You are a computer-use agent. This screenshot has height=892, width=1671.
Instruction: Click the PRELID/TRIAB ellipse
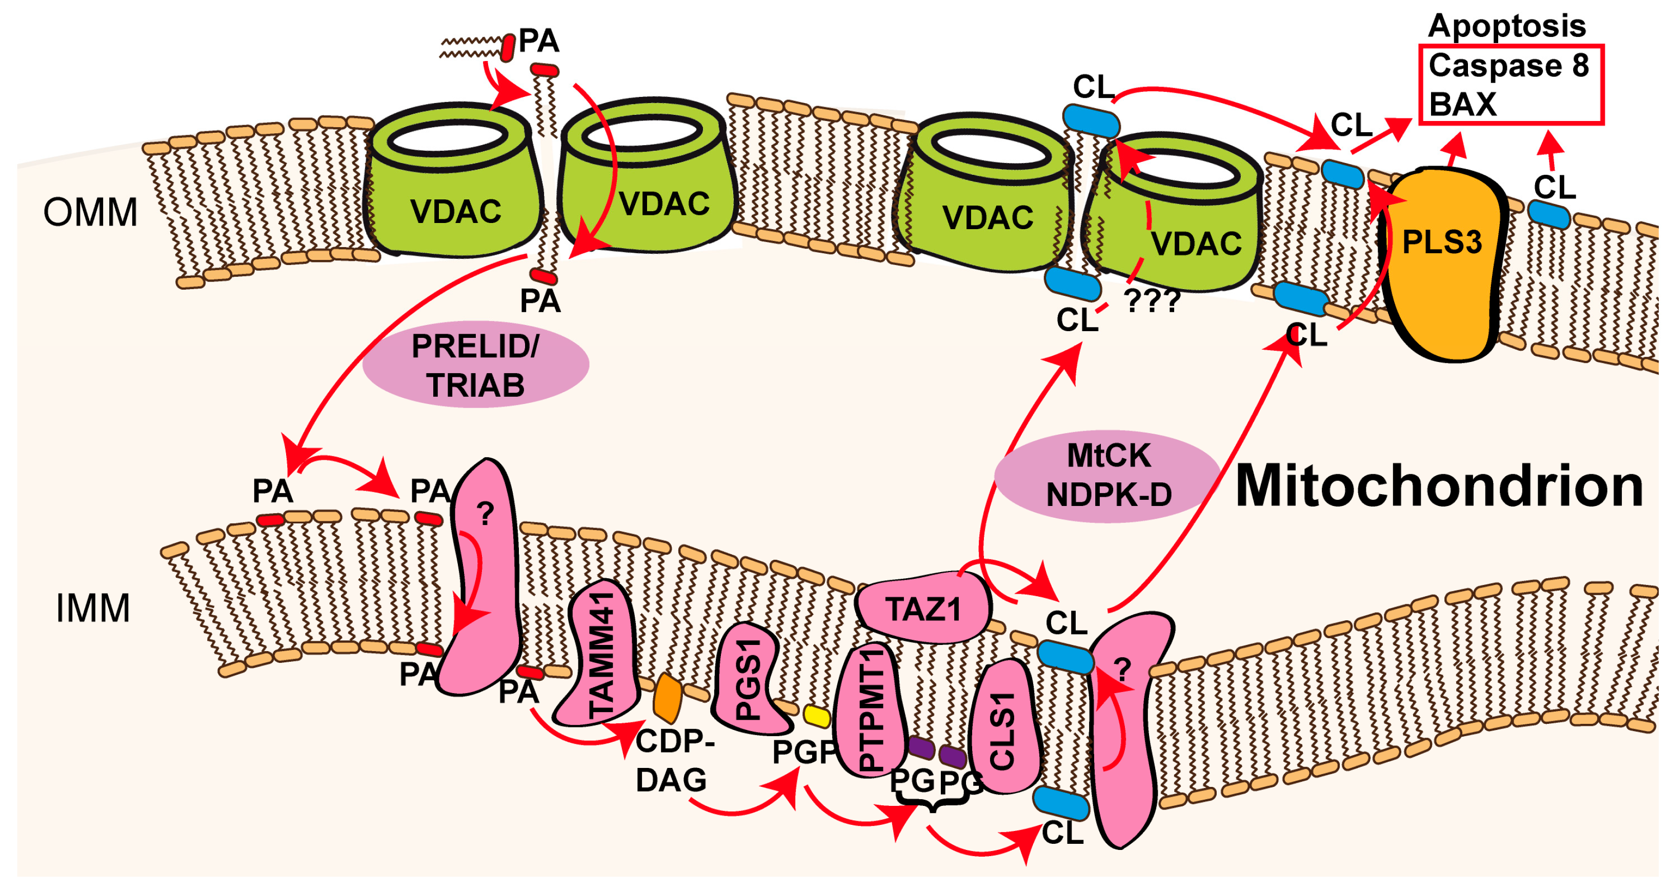tap(475, 364)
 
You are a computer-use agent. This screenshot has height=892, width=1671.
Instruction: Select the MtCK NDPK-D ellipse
tap(1108, 476)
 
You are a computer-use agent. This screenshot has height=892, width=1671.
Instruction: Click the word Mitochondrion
tap(1439, 486)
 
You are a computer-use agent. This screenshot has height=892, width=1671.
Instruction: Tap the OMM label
tap(90, 212)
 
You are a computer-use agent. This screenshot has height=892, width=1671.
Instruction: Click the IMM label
tap(93, 608)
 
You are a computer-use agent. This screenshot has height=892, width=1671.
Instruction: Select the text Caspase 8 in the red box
tap(1508, 66)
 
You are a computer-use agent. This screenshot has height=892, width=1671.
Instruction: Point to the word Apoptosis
tap(1506, 26)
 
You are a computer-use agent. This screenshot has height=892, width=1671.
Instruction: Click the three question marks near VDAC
tap(1152, 301)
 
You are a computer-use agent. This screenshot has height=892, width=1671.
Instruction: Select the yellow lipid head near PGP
tap(817, 716)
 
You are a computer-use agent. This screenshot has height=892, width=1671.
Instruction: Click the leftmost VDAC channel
tap(454, 188)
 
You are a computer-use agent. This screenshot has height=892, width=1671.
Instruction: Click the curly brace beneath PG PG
tap(932, 806)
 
